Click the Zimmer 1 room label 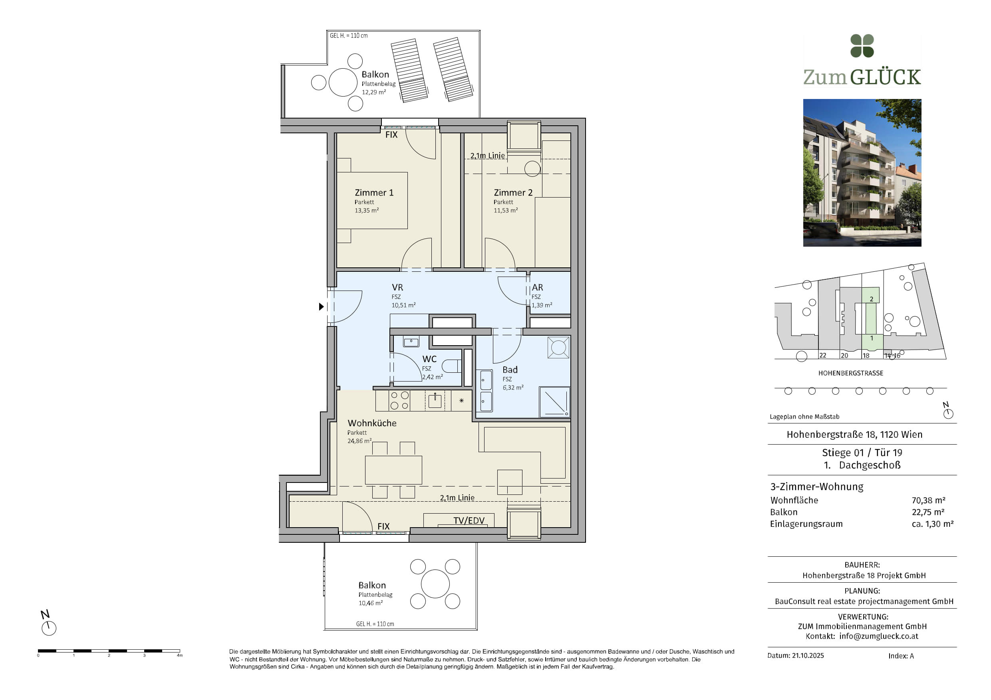click(x=374, y=193)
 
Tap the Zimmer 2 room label click(x=513, y=193)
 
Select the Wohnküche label click(x=371, y=423)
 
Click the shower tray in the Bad click(x=555, y=402)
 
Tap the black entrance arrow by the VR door click(x=321, y=306)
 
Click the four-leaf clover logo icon click(x=862, y=46)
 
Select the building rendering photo click(x=862, y=172)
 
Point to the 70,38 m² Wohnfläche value click(x=928, y=500)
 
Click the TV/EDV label click(x=469, y=520)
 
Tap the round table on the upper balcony click(x=343, y=82)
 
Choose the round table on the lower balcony click(x=435, y=584)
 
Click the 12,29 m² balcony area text click(x=374, y=92)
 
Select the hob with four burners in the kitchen click(x=399, y=400)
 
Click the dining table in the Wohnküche click(x=393, y=470)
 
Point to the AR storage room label click(x=537, y=287)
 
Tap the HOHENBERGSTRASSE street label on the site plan click(x=851, y=373)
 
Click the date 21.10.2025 click(x=808, y=656)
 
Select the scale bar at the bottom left click(x=109, y=651)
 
